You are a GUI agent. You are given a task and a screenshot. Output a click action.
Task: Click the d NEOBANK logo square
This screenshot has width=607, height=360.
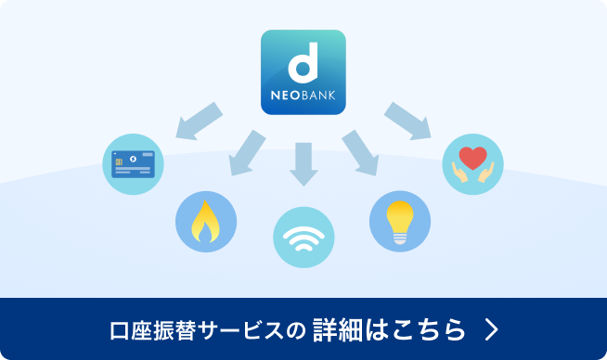[x=303, y=72]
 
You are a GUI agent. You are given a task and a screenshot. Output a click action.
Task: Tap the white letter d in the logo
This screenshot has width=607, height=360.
[x=303, y=64]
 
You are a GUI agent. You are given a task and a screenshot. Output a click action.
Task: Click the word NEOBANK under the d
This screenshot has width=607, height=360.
[x=303, y=96]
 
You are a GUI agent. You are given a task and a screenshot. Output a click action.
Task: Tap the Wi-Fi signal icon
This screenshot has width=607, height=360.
[x=303, y=238]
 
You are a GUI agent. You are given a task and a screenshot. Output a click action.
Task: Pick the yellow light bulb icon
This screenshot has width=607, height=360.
[x=400, y=222]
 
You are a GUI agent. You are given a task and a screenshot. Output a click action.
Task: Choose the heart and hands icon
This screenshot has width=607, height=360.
[x=472, y=163]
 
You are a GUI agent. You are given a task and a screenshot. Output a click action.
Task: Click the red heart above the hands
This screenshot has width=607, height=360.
[x=472, y=156]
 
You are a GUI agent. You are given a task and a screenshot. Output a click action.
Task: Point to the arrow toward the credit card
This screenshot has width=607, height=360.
[x=199, y=118]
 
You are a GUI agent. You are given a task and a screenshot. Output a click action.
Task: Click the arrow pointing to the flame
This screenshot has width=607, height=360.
[x=245, y=152]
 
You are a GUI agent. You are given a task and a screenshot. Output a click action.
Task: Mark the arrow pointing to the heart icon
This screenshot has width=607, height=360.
[x=408, y=118]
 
